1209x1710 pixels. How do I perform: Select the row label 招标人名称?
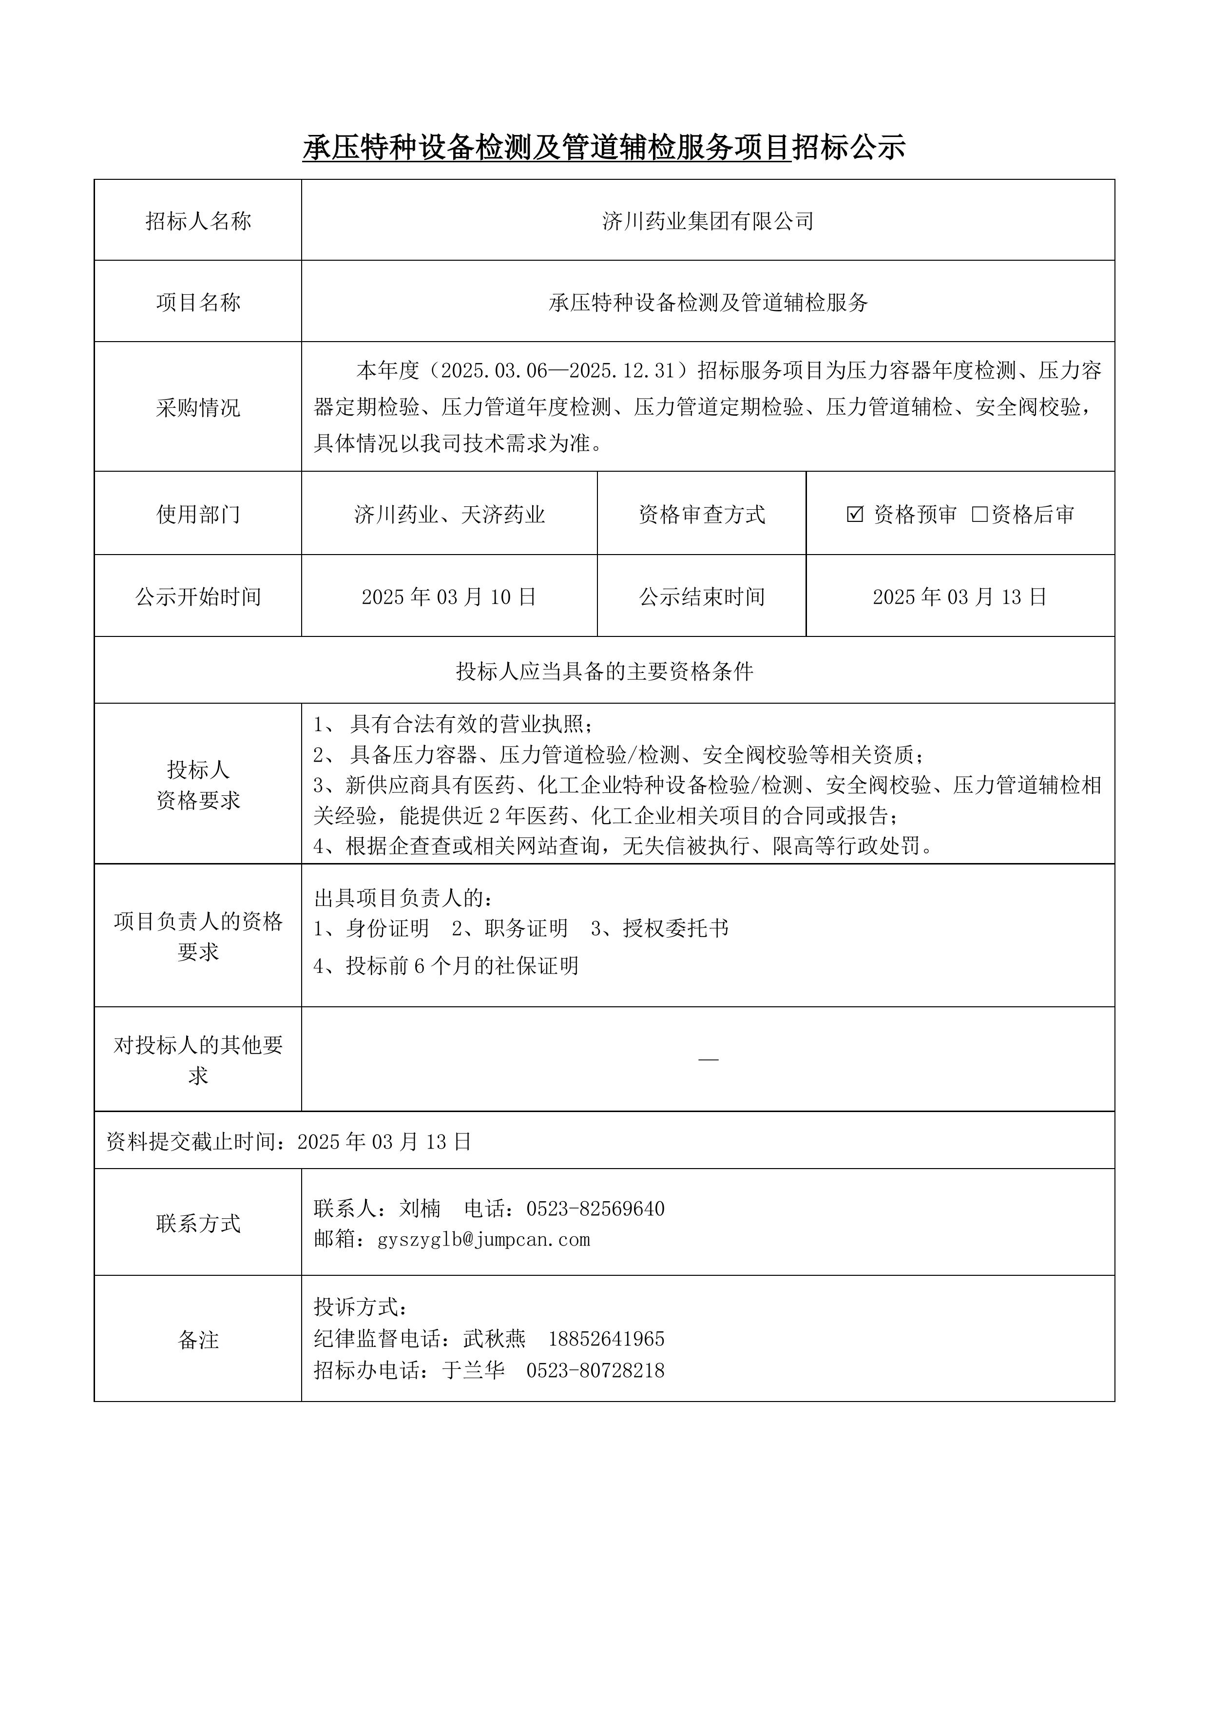tap(198, 221)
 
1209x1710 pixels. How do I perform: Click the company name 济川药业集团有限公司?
tap(708, 221)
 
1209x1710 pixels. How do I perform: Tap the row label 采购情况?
tap(198, 407)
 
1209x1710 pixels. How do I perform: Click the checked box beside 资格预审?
tap(855, 514)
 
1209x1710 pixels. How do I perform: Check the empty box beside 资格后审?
tap(979, 514)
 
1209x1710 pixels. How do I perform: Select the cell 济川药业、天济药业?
tap(449, 514)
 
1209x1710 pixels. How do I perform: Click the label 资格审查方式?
tap(702, 514)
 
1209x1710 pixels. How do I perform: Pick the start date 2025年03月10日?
tap(449, 596)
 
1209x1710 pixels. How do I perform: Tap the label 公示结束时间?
tap(702, 596)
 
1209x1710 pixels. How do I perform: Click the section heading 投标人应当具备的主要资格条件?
tap(604, 671)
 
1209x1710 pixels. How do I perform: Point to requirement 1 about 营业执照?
tap(454, 724)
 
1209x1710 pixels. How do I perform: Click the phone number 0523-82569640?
tap(595, 1208)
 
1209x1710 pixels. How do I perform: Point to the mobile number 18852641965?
tap(606, 1338)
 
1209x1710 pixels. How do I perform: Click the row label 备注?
tap(198, 1340)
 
